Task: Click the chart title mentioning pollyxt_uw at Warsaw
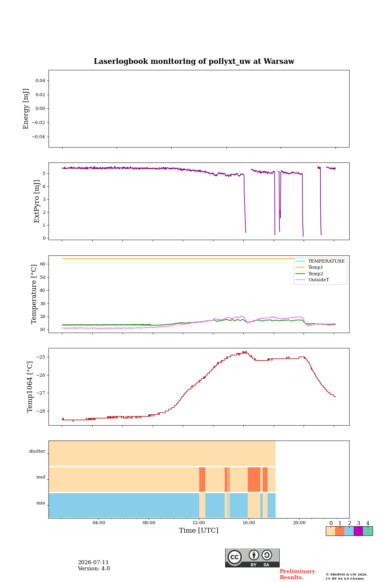pos(194,61)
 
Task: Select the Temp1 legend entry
pos(315,268)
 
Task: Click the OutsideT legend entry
pos(318,280)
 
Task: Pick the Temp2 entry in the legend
pos(316,274)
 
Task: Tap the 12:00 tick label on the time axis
pos(199,523)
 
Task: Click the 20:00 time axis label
pos(299,523)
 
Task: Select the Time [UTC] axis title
pos(198,530)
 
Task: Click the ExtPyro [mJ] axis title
pos(37,201)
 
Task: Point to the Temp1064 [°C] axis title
pos(30,387)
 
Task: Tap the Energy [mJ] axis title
pos(26,109)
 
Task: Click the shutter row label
pos(37,451)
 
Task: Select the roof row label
pos(41,477)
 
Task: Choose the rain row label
pos(41,503)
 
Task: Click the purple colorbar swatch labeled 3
pos(358,531)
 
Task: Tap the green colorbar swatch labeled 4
pos(368,531)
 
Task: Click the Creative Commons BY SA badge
pos(252,558)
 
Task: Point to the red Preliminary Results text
pos(297,574)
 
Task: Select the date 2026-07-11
pos(93,563)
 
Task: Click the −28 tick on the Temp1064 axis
pos(40,411)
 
